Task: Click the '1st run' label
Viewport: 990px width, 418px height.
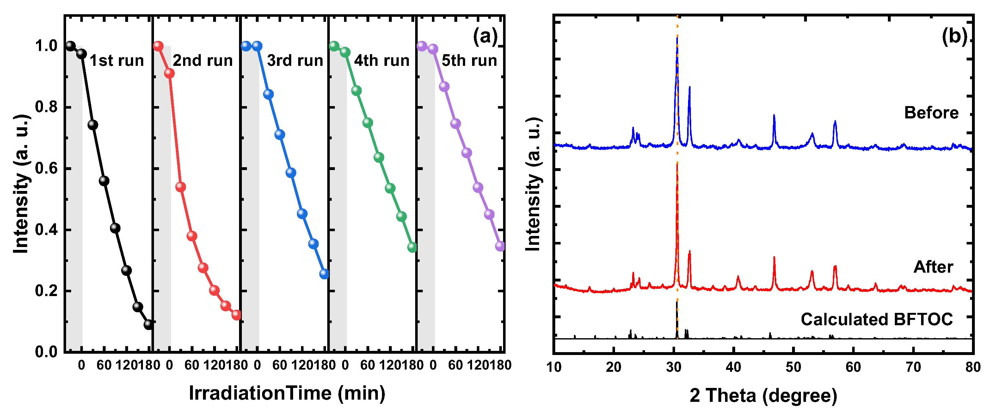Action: coord(116,61)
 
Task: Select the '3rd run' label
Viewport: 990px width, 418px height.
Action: coord(295,61)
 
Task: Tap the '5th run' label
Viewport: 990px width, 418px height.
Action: coord(469,61)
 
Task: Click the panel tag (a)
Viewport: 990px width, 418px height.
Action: coord(485,37)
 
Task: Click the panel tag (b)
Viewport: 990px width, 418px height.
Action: coord(954,37)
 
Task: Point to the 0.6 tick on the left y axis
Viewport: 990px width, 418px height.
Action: coord(46,168)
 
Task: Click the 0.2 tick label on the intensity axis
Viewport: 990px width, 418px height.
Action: coord(46,291)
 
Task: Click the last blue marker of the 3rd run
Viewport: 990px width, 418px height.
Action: coord(324,274)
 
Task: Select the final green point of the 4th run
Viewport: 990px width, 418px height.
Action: coord(412,247)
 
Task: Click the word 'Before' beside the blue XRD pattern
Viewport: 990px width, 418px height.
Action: coord(931,113)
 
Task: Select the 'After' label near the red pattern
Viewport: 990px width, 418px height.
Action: coord(933,267)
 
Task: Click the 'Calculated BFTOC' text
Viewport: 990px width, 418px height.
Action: coord(876,320)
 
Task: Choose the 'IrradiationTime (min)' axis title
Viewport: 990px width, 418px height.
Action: coord(287,393)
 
